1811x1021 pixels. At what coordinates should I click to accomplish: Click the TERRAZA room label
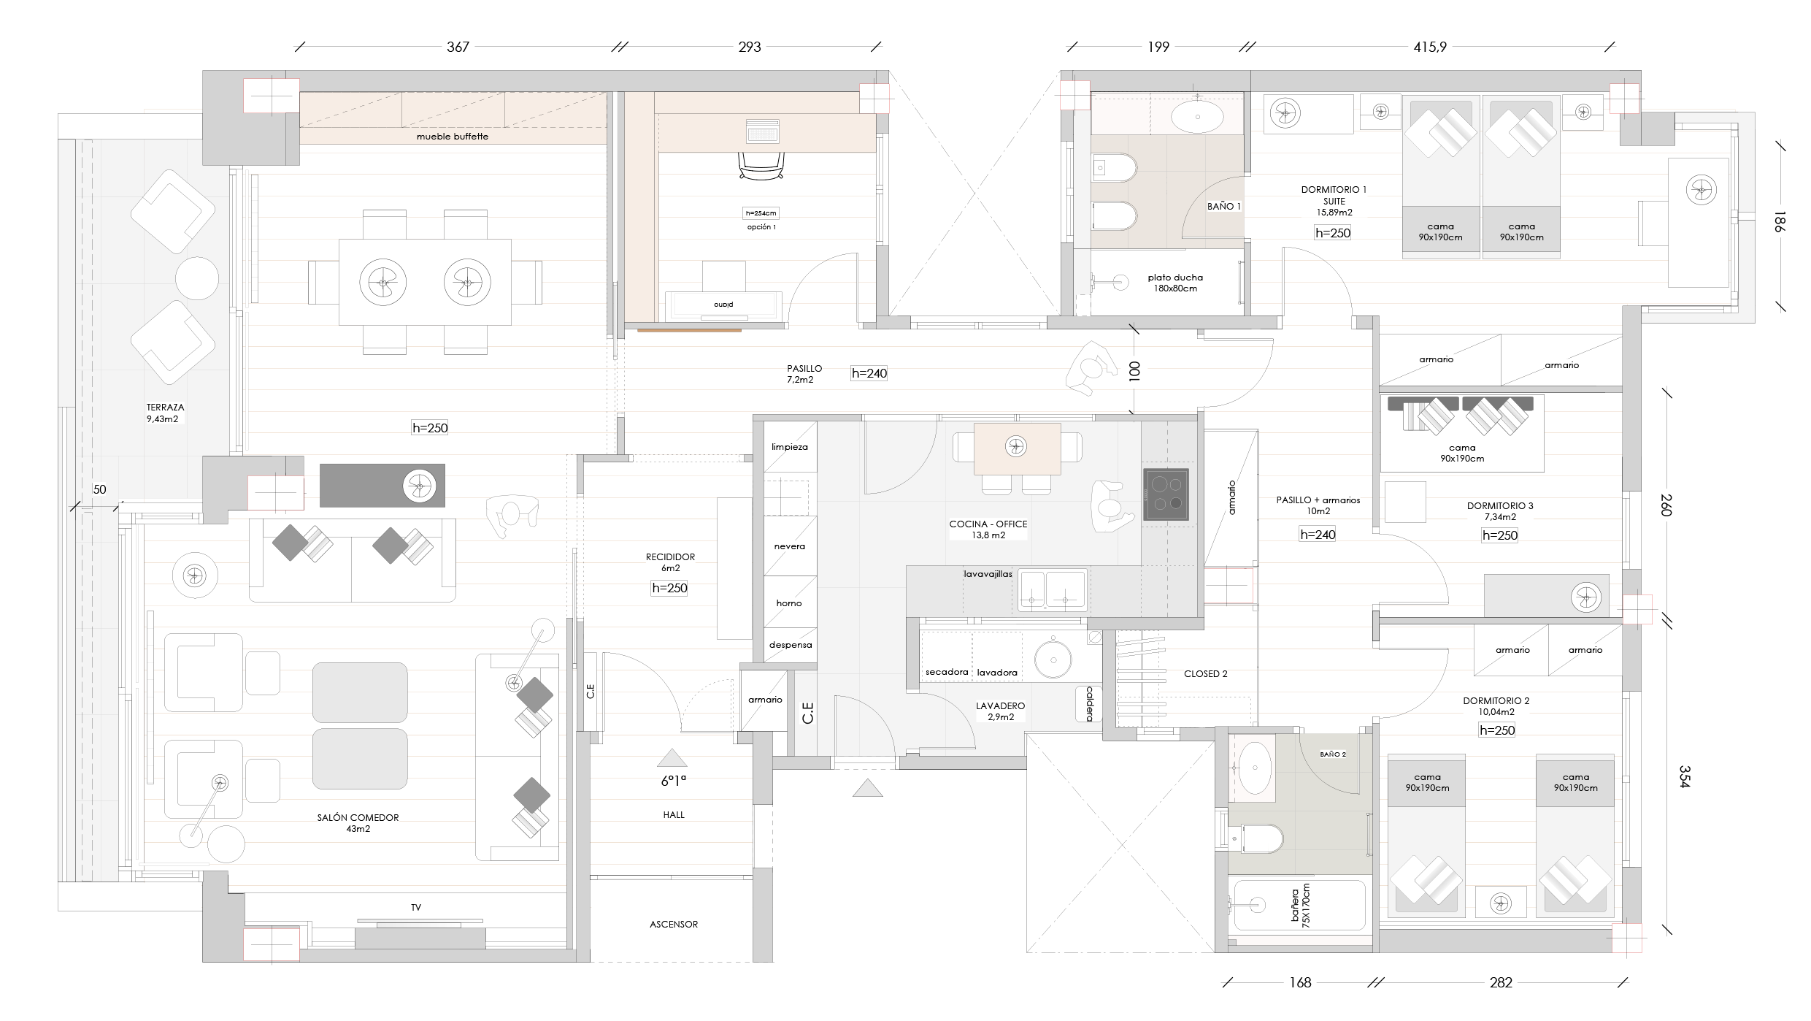click(x=165, y=408)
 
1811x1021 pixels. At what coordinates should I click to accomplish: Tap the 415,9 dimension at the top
click(x=1430, y=47)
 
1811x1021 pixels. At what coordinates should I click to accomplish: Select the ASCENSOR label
click(x=674, y=924)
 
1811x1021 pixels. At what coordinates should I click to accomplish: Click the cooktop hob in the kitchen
click(x=1166, y=494)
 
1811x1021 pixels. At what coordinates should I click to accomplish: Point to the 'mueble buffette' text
click(x=453, y=137)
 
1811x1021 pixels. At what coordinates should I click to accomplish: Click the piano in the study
click(x=723, y=305)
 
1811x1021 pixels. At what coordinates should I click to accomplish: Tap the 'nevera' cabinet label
click(x=790, y=546)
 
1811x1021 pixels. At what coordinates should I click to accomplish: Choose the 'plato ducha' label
click(x=1175, y=278)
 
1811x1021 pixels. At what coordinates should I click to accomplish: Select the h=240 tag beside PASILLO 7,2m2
click(x=869, y=373)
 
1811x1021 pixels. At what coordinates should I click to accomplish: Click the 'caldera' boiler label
click(x=1089, y=704)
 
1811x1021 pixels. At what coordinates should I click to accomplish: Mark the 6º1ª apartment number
click(x=674, y=781)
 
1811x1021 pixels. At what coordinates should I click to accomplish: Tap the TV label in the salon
click(x=416, y=907)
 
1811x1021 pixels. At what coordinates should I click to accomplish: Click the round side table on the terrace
click(x=197, y=278)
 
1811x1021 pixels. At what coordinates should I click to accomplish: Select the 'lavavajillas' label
click(x=988, y=574)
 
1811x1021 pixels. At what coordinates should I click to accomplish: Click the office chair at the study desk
click(x=762, y=165)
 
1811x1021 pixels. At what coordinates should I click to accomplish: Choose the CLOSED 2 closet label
click(x=1205, y=674)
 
